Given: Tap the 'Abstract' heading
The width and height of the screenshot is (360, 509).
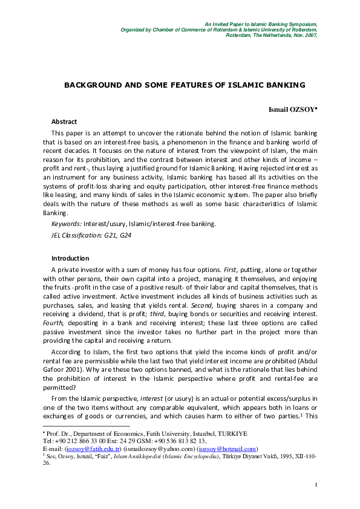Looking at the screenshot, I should point(64,122).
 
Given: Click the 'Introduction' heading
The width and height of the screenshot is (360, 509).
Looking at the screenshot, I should point(70,258).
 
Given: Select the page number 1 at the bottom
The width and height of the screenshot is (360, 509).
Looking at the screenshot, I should point(316,485).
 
